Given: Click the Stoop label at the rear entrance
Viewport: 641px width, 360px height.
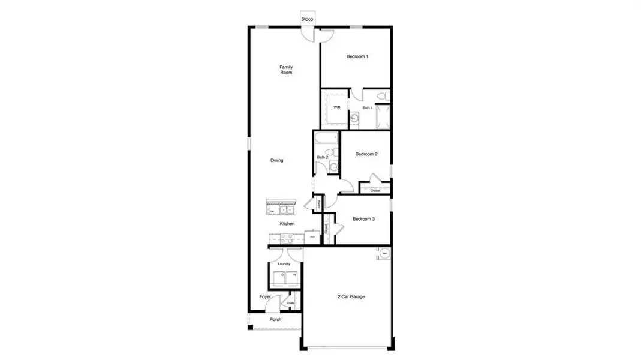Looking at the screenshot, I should point(307,19).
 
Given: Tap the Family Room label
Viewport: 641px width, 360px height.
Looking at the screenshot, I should point(286,70).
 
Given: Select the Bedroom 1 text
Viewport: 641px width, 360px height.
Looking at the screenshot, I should point(357,56).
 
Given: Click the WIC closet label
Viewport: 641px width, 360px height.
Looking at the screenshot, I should point(336,107).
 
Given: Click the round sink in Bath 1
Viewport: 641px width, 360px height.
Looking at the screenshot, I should point(354,118).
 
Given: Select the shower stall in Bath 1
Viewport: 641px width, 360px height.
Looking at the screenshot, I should point(383,117).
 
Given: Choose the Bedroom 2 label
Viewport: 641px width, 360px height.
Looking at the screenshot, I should point(366,154).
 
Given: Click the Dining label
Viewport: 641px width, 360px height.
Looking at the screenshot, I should point(276,160).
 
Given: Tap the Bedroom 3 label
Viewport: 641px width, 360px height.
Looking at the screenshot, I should point(363,219).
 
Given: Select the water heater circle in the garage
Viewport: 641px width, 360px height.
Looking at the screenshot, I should point(384,254).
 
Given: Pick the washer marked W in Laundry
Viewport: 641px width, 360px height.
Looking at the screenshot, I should point(293,279).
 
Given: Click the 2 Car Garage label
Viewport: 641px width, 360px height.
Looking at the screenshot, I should point(351,296).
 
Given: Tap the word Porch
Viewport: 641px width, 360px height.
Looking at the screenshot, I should point(275,319).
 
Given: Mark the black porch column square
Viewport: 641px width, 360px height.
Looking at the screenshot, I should point(251,327).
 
